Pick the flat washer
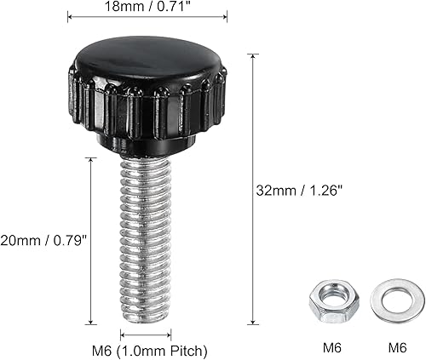389,300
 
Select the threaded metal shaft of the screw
147,238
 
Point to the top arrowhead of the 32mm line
251,55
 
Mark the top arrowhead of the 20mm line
90,158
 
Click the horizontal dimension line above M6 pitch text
147,334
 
